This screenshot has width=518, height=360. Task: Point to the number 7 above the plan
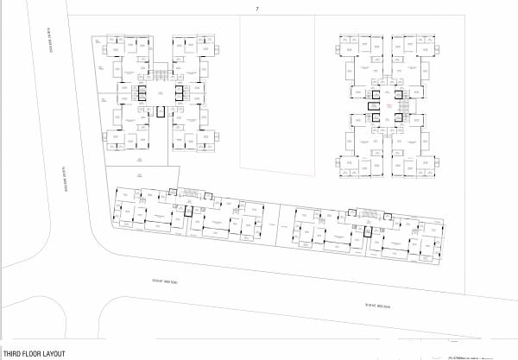(256, 9)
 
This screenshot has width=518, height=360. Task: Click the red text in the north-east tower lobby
(389, 105)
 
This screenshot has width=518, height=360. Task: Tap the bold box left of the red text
(372, 105)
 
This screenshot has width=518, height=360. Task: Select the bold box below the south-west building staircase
(187, 210)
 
